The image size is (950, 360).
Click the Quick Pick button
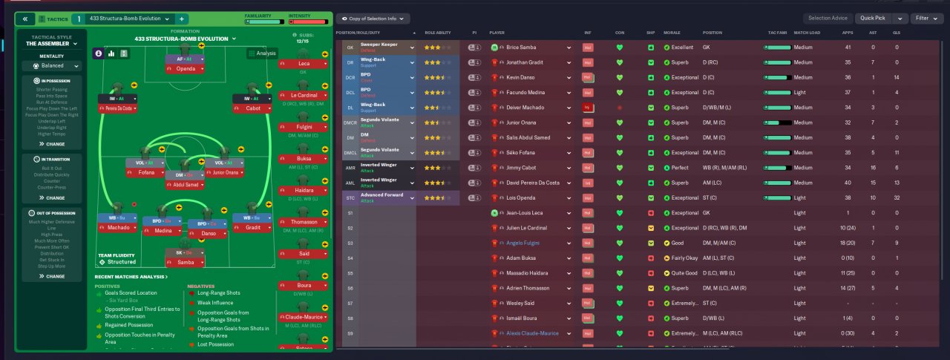click(x=873, y=18)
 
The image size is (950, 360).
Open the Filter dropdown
click(x=927, y=18)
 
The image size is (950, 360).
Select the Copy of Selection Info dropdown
click(x=373, y=18)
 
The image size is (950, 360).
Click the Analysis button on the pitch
click(x=262, y=53)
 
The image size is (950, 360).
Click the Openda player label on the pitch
click(x=185, y=68)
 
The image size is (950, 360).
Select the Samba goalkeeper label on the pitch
click(x=185, y=262)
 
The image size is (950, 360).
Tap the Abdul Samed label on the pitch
click(x=185, y=185)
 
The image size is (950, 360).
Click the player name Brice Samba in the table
click(x=523, y=47)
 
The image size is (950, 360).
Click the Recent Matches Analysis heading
click(x=131, y=277)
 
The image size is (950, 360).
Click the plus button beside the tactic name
click(x=183, y=19)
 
